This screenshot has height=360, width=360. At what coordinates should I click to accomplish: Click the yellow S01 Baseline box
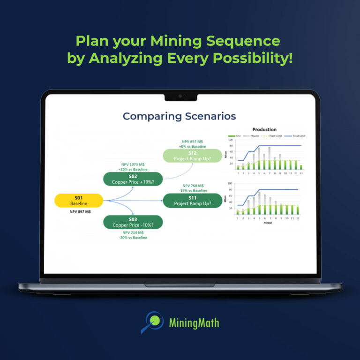[79, 200]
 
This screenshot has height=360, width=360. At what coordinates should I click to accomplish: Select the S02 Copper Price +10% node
[133, 178]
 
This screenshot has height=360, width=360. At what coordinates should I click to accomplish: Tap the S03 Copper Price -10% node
[133, 222]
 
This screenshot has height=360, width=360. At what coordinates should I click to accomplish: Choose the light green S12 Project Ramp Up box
[193, 156]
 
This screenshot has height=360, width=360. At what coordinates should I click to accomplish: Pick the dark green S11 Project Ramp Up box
[193, 200]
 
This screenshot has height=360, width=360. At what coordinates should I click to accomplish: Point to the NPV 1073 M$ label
[133, 165]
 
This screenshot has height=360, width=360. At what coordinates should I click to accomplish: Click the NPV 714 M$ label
[133, 232]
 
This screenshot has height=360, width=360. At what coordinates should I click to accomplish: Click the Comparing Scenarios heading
[179, 116]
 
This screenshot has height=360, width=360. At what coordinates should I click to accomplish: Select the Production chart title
[264, 129]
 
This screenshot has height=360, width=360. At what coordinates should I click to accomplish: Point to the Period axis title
[268, 223]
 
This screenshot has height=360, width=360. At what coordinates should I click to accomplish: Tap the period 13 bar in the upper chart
[301, 167]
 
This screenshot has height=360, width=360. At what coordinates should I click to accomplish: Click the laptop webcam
[180, 96]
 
